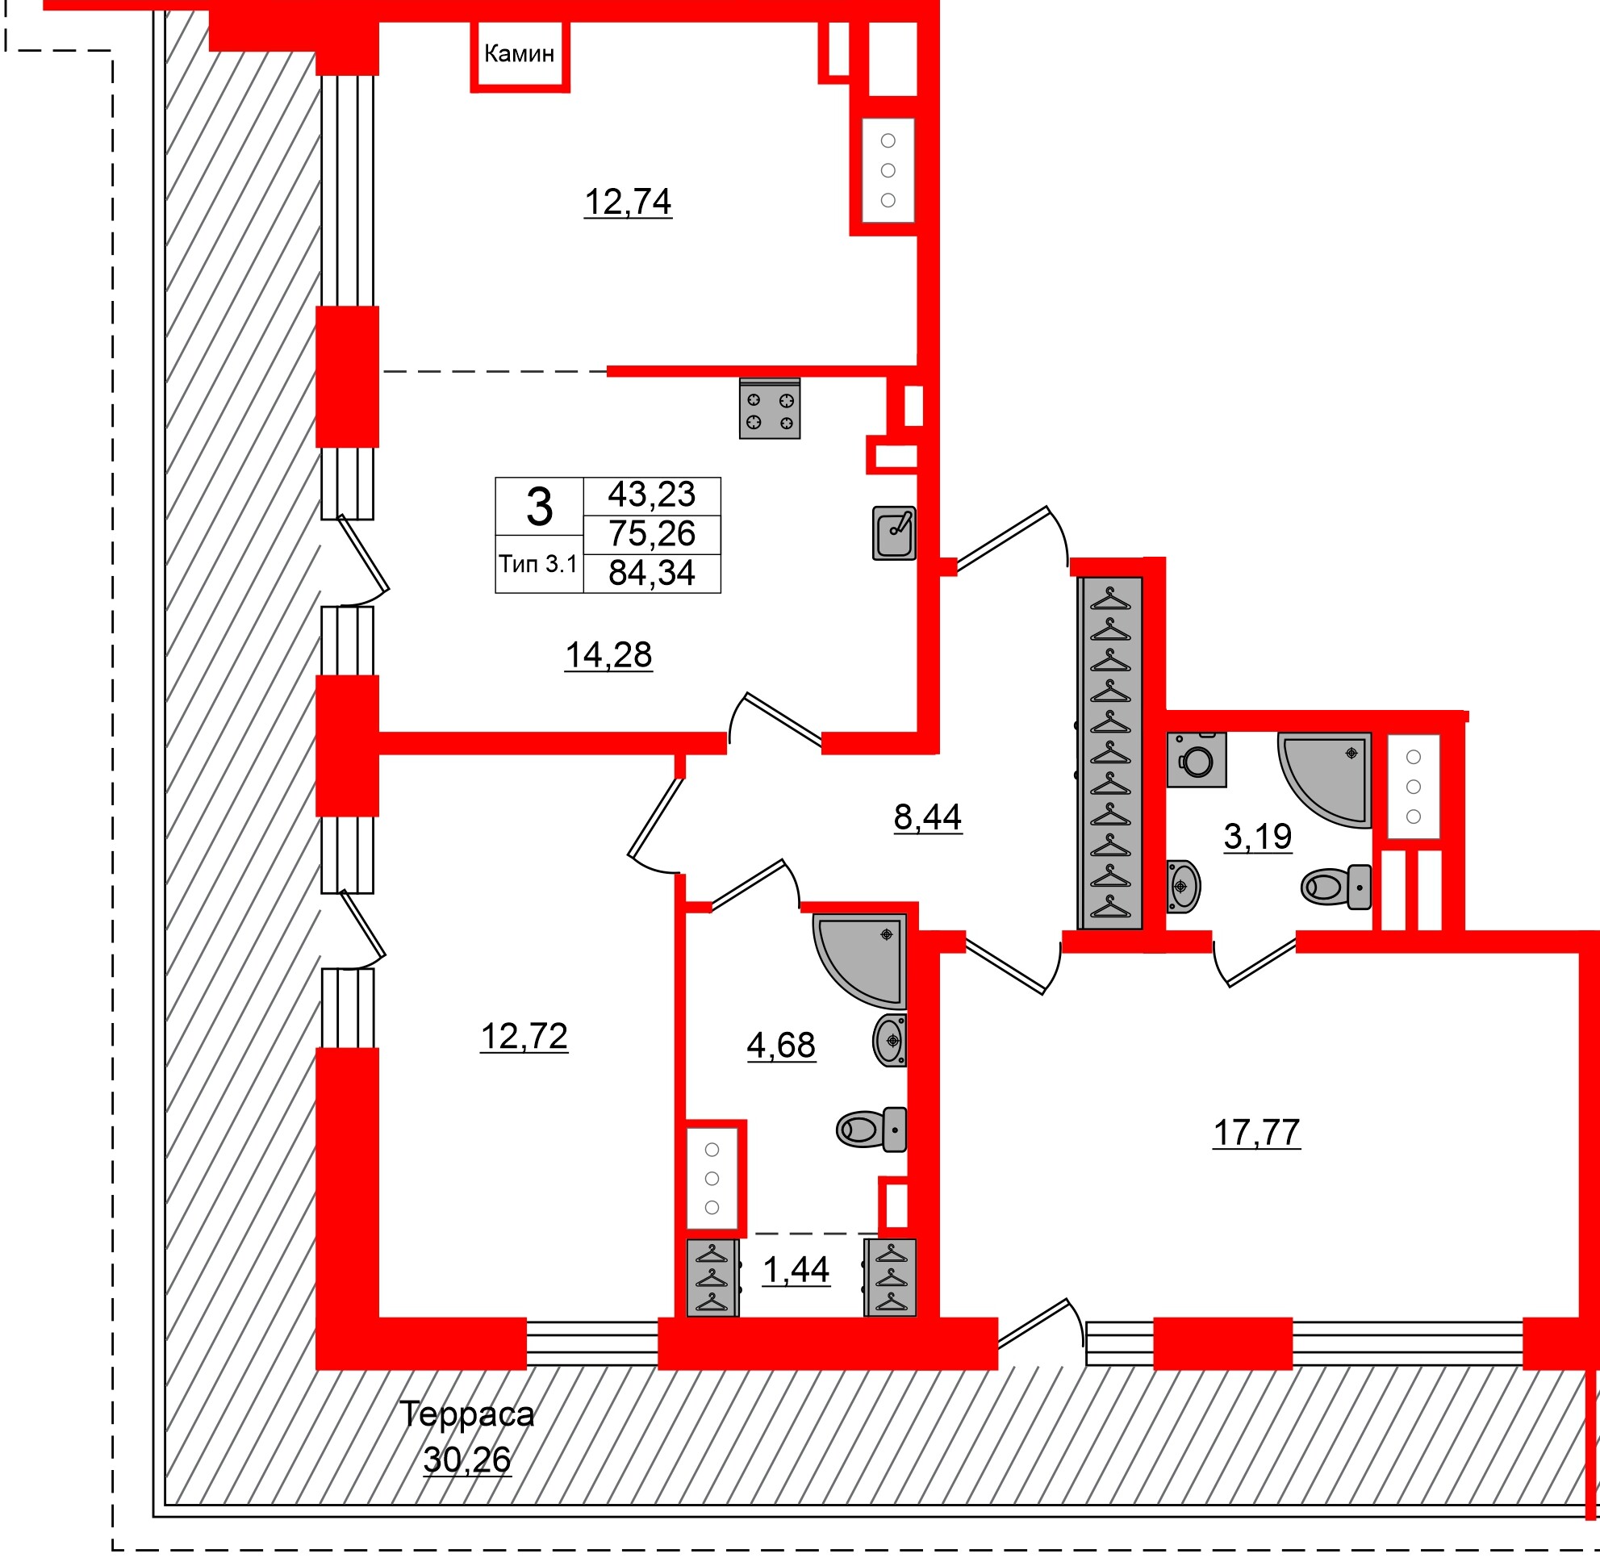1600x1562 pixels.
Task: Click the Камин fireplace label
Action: tap(519, 54)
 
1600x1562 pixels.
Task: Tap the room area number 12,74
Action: tap(628, 202)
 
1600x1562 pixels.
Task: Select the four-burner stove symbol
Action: tap(769, 410)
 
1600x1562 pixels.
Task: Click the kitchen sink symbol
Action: tap(893, 533)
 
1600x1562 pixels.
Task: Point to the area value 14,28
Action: tap(608, 655)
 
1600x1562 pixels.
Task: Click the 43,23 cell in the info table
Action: tap(651, 495)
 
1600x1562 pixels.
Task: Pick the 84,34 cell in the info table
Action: tap(651, 574)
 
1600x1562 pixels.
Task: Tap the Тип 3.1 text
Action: tap(538, 565)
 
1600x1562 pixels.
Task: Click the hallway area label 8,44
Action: tap(927, 817)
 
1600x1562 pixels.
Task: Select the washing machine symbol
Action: tap(1197, 760)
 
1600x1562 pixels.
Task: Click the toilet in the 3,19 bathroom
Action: tap(1336, 887)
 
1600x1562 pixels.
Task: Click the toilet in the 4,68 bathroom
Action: tap(871, 1130)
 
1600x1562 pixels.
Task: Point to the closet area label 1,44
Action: tap(796, 1271)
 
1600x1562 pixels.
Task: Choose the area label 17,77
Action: tap(1256, 1133)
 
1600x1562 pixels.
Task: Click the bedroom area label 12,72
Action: tap(524, 1037)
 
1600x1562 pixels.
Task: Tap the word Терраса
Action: tap(466, 1414)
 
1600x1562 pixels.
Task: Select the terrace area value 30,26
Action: tap(467, 1460)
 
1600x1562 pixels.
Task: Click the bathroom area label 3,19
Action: tap(1257, 837)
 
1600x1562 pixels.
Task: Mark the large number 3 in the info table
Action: tap(539, 507)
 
